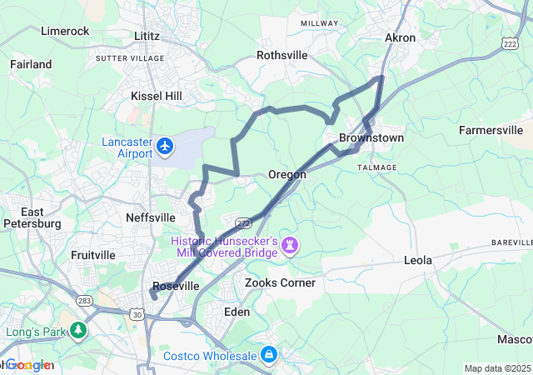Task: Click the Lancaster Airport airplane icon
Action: pos(164,147)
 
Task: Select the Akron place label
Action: pos(400,37)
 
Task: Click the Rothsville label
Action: pos(282,55)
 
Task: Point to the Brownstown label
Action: pos(371,137)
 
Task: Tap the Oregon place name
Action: pos(286,175)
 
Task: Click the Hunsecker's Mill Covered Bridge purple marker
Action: pos(290,245)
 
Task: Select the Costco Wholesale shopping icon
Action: pos(269,356)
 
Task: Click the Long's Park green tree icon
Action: pos(78,331)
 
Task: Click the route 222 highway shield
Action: pos(510,42)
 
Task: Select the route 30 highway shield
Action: pos(136,313)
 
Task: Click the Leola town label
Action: pos(417,261)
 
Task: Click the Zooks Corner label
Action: pos(280,282)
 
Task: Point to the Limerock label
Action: pos(65,31)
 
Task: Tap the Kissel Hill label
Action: pos(156,97)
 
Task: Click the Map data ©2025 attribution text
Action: pos(496,368)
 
